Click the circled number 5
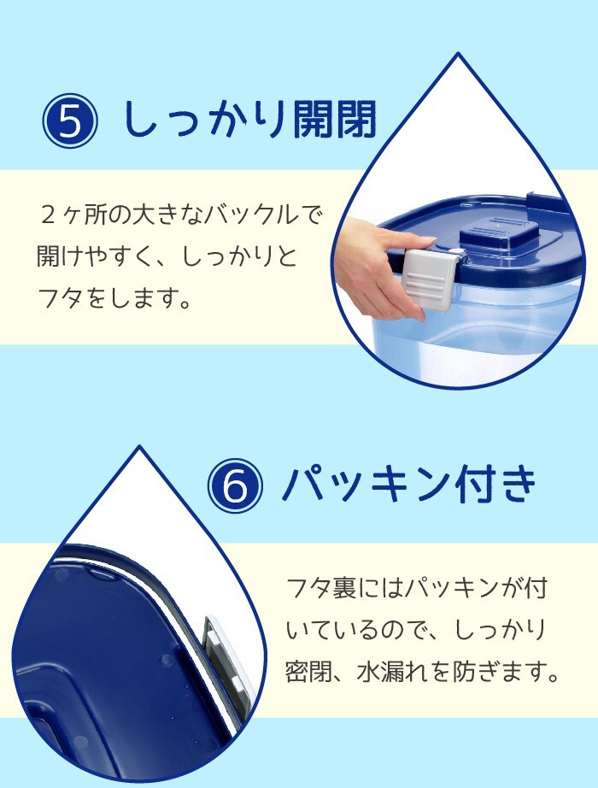coord(70,124)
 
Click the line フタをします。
coord(114,298)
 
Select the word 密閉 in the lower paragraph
coord(307,672)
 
